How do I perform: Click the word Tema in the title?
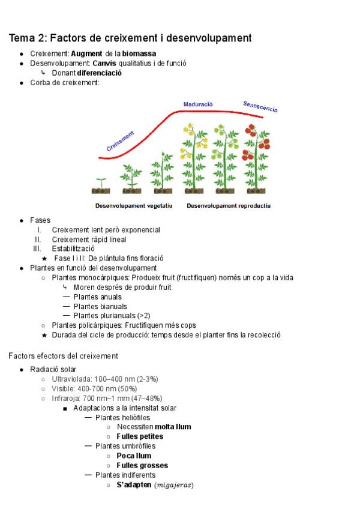click(23, 38)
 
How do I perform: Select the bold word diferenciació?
click(100, 73)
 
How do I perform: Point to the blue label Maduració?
click(198, 104)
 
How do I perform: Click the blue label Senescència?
click(260, 107)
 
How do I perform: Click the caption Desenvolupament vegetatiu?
click(134, 205)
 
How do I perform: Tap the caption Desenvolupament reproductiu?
click(229, 205)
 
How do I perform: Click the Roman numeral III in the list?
click(37, 248)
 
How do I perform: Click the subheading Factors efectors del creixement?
click(63, 356)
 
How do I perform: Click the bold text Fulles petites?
click(140, 436)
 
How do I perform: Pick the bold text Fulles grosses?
click(142, 465)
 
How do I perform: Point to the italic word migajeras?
click(175, 485)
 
